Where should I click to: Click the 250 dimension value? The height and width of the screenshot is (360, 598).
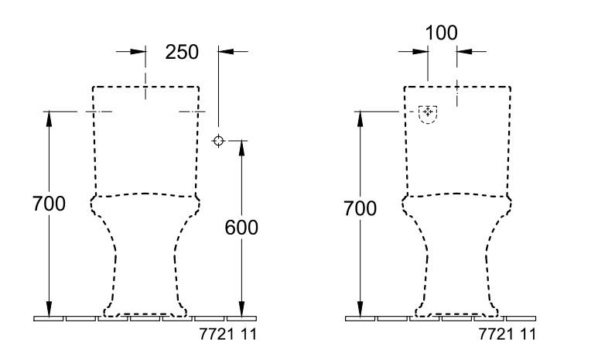coord(183,52)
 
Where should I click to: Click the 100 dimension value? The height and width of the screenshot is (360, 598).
coord(442,33)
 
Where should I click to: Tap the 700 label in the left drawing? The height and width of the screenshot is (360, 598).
coord(49,204)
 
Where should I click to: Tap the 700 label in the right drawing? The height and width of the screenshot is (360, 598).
coord(359,208)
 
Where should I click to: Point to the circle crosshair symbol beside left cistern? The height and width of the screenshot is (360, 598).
coord(219,141)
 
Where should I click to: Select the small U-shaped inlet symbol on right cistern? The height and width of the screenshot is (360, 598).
coord(427,113)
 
